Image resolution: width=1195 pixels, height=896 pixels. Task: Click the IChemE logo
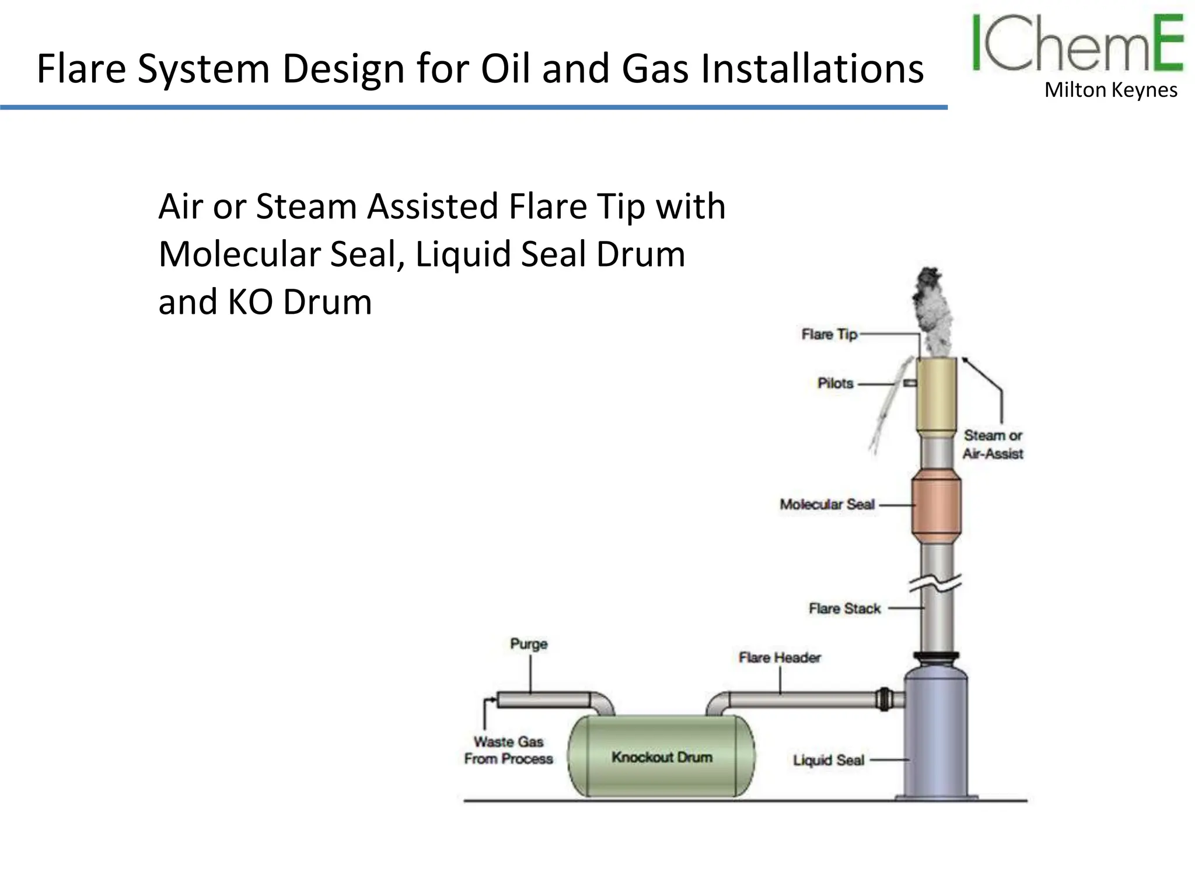1077,44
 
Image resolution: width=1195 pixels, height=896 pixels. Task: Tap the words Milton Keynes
1110,90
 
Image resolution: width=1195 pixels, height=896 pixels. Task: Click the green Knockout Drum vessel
661,756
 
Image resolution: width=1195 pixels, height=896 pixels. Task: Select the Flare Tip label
829,334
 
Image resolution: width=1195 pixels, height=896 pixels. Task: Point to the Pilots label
835,383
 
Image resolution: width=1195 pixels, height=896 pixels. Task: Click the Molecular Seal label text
827,504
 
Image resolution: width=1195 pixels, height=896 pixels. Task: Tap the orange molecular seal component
936,505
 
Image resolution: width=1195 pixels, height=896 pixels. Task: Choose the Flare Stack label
844,608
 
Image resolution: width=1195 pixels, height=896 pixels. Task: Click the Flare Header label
780,657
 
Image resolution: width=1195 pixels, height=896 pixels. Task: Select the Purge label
529,643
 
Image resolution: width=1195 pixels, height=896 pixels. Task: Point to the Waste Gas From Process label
508,750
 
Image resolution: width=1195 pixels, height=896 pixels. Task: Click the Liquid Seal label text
828,760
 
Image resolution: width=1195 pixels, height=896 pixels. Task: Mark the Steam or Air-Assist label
993,444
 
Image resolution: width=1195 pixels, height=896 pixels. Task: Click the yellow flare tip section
936,397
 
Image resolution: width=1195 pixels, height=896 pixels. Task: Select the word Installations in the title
812,69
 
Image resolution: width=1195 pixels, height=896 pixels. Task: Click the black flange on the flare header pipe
883,698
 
